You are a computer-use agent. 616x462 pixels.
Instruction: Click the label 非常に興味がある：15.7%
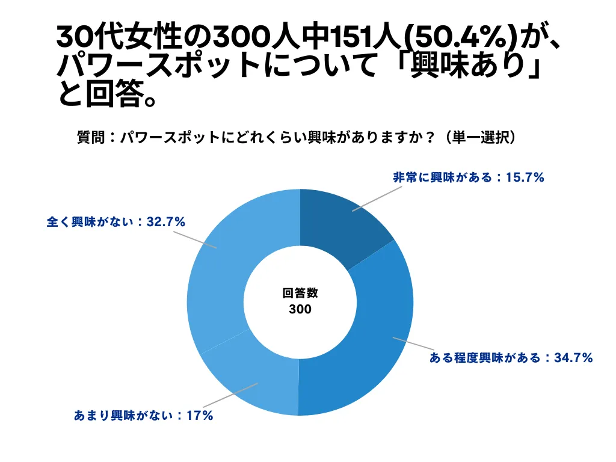(x=469, y=177)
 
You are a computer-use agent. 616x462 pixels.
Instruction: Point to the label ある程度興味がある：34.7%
(x=511, y=358)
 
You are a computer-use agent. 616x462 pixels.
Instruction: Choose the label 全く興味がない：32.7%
(x=115, y=222)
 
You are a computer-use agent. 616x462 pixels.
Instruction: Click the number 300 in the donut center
(x=300, y=310)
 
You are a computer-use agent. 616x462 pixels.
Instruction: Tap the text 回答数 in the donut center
(x=300, y=294)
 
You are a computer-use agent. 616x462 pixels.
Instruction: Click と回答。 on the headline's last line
(x=108, y=94)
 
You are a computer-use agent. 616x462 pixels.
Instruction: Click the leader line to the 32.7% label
(x=195, y=239)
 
